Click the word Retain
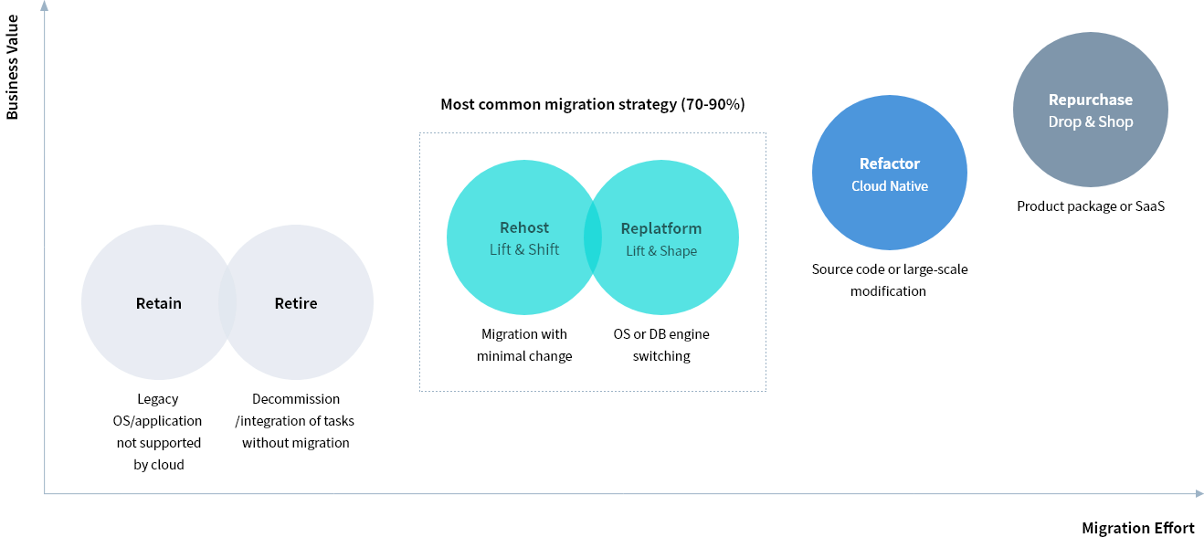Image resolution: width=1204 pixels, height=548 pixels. click(x=159, y=303)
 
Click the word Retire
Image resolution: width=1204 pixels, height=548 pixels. click(x=296, y=303)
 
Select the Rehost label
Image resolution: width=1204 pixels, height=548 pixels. click(x=524, y=227)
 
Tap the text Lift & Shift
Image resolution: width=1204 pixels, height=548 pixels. click(x=524, y=249)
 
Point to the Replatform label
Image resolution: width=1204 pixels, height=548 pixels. click(x=661, y=228)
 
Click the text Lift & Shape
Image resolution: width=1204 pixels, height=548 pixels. click(x=661, y=251)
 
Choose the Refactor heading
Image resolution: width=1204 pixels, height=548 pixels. click(x=890, y=163)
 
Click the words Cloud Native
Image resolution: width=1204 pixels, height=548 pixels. click(x=890, y=186)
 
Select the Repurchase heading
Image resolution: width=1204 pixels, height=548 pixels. click(x=1091, y=100)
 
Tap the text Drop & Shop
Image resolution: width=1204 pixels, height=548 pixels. click(x=1091, y=121)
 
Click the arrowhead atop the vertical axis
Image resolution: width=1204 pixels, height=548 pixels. click(x=44, y=6)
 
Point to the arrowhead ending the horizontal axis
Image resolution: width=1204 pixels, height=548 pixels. click(x=1198, y=494)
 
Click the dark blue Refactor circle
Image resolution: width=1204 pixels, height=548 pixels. click(x=890, y=219)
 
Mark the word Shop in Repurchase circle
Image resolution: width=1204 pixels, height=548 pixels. click(x=1115, y=121)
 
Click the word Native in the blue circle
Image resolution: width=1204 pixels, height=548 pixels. click(x=909, y=186)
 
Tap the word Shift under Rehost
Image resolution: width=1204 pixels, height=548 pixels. click(x=543, y=249)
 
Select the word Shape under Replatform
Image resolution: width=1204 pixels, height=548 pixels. click(x=678, y=251)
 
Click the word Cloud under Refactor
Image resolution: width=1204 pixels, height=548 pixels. click(x=869, y=186)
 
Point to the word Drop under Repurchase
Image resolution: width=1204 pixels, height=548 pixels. click(x=1064, y=121)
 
